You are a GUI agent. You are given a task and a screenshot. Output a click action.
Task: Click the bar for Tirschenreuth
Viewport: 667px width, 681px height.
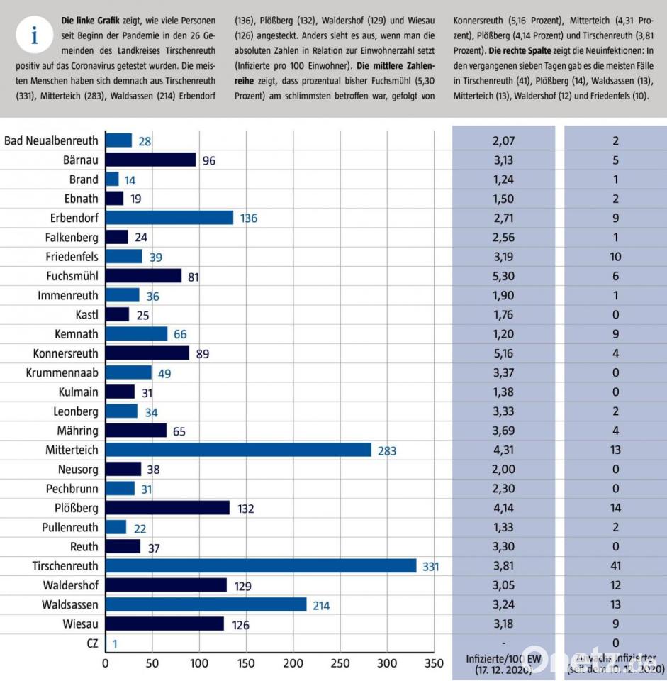(x=261, y=566)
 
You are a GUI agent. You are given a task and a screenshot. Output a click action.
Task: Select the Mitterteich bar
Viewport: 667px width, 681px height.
(x=238, y=450)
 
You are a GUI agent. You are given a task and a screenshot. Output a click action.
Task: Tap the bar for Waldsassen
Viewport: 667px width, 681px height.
(x=206, y=605)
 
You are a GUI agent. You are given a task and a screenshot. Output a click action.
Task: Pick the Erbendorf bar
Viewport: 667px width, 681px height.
(x=169, y=218)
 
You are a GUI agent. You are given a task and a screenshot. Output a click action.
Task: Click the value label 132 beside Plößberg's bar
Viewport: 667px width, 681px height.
(x=245, y=509)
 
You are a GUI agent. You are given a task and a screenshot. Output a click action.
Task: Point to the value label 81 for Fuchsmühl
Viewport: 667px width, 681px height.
(x=193, y=276)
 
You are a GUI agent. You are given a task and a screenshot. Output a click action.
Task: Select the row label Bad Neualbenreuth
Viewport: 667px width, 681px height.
(x=52, y=140)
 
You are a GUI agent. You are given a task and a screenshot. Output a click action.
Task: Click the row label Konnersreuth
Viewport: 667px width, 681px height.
(x=66, y=353)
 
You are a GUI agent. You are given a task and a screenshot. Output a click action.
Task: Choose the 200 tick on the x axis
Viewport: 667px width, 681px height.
(x=293, y=664)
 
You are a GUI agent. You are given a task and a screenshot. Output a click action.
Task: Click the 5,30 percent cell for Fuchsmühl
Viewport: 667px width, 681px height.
(x=503, y=276)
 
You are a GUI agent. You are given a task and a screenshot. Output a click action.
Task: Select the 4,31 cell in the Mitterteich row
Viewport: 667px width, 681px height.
(x=503, y=450)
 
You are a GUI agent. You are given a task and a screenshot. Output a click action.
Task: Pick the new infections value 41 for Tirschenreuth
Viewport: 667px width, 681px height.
(x=615, y=566)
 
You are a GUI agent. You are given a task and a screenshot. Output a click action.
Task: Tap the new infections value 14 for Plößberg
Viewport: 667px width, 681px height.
(x=615, y=509)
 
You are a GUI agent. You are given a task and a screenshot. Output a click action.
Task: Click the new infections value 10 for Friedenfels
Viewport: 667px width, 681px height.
(x=615, y=257)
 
